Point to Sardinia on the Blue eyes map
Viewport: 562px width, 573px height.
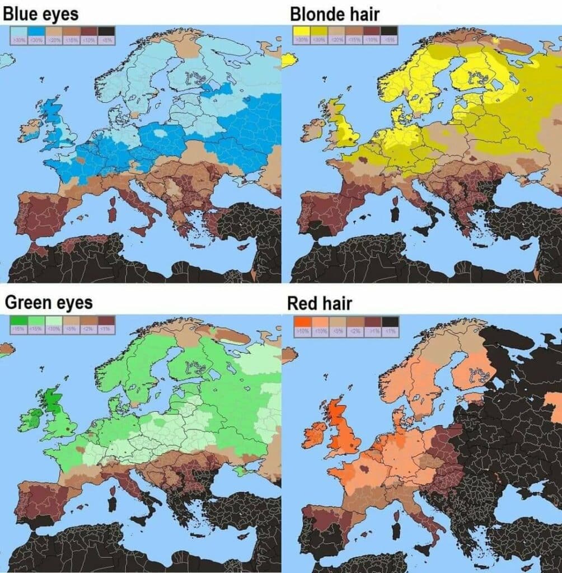[x=111, y=213]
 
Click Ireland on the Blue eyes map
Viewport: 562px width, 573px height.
[x=30, y=130]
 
